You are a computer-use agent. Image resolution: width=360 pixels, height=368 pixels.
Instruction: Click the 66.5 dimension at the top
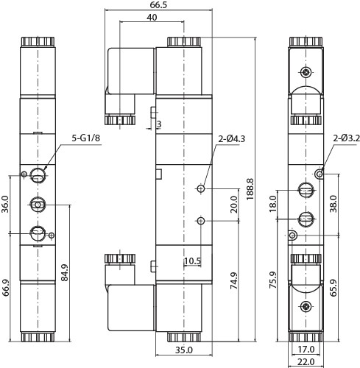tap(159, 5)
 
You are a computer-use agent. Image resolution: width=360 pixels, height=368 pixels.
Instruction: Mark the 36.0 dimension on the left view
tap(5, 202)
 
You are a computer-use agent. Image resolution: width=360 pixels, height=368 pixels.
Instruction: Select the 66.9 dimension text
tap(5, 287)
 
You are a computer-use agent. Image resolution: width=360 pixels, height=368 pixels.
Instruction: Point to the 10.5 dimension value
tap(193, 261)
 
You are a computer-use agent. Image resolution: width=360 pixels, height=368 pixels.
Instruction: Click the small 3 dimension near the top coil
tap(158, 124)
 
